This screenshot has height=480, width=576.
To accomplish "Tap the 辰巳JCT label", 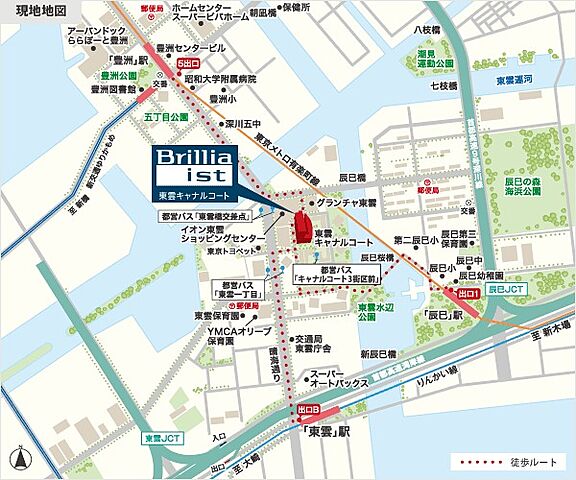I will pos(508,289).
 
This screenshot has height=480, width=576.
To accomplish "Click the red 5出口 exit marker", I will pos(186,63).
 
